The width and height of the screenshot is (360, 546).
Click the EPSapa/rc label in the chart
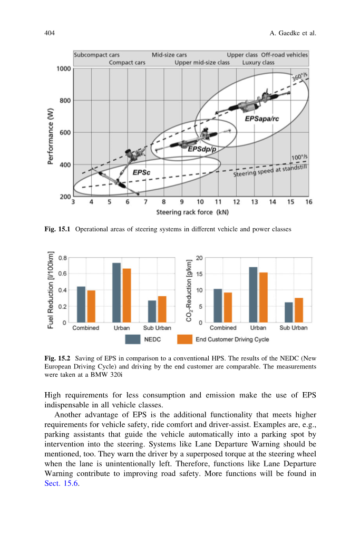coord(261,119)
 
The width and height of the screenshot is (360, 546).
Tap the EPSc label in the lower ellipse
coord(141,172)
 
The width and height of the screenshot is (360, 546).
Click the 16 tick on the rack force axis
coord(308,202)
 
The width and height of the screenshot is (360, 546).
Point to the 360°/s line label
coord(299,77)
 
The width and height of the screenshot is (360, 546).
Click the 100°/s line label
coord(299,158)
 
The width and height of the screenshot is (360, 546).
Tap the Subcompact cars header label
coord(96,55)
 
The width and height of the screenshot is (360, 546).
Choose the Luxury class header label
coord(258,62)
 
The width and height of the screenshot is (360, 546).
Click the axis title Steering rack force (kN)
coord(188,212)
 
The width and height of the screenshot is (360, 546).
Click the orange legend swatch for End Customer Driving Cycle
coord(184,339)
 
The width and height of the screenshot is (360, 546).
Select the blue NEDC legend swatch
coord(133,339)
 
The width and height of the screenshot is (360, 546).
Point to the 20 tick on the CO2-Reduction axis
coord(199,258)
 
